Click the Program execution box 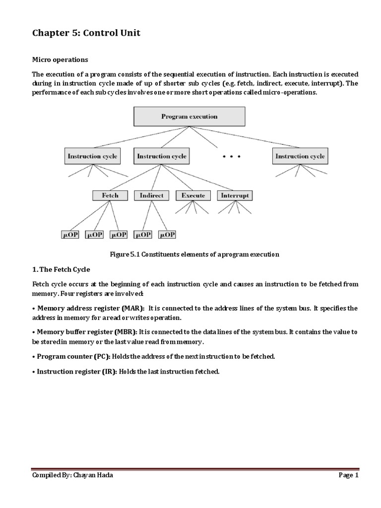[189, 117]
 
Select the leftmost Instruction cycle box [92, 156]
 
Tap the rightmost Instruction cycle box [300, 156]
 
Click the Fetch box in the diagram [110, 195]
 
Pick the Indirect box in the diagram [151, 195]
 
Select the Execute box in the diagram [193, 195]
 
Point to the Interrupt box [235, 195]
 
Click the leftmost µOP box [70, 235]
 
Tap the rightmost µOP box [166, 235]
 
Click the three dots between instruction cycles [231, 157]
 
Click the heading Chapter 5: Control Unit [86, 33]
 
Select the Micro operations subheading [60, 60]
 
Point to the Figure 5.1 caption [194, 254]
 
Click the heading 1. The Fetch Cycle [62, 269]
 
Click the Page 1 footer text [348, 475]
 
